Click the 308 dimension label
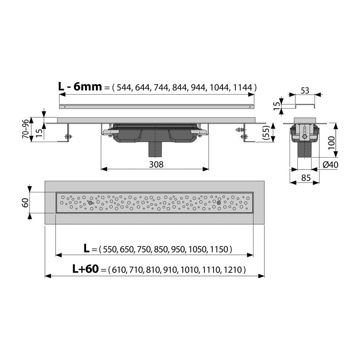click(156, 165)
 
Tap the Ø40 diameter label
click(330, 165)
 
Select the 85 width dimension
click(306, 178)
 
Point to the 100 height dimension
click(331, 143)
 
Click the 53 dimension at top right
click(305, 91)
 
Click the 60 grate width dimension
click(25, 202)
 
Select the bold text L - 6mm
click(80, 86)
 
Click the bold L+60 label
click(85, 269)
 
